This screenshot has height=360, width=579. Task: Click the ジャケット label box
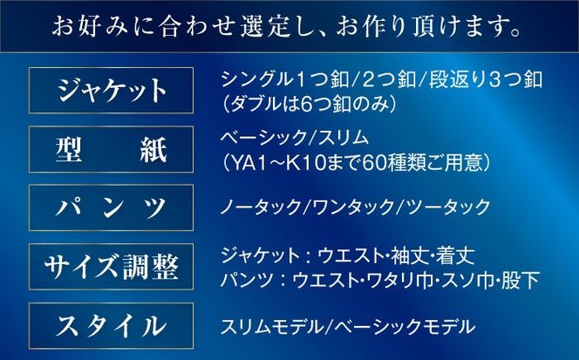(111, 90)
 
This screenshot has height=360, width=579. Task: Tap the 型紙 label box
(111, 149)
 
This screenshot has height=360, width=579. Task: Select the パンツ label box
(111, 207)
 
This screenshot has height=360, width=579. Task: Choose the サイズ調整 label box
(111, 267)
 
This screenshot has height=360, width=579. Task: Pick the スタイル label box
(111, 326)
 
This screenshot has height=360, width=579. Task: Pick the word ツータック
(433, 207)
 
